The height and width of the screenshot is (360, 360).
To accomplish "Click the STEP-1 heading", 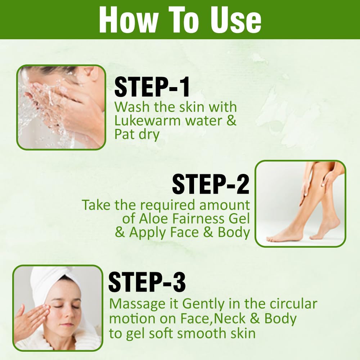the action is coord(152,87).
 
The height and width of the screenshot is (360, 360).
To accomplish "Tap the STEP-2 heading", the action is coord(211,184).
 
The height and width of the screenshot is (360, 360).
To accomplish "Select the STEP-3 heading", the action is coord(147,282).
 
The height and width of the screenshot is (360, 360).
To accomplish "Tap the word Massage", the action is coord(137,304).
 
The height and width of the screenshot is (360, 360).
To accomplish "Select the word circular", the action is coord(293,303).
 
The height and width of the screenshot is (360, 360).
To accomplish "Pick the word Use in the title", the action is coord(236,20).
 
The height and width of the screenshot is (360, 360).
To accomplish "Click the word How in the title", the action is coord(129,20).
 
